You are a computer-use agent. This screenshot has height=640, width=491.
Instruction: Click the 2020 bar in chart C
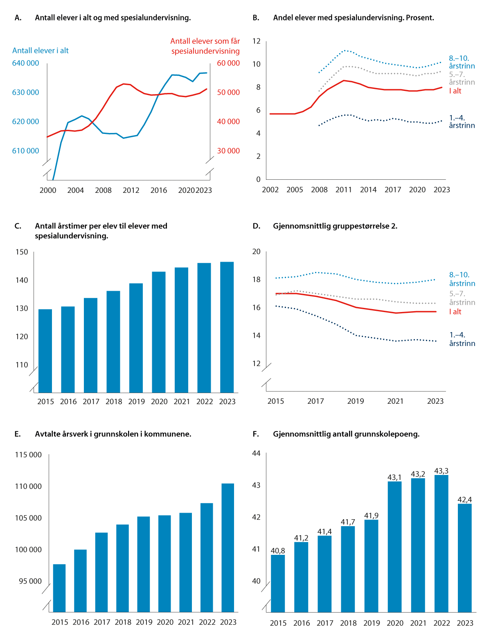coord(159,332)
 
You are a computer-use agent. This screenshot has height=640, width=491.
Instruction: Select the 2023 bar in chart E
coord(227,547)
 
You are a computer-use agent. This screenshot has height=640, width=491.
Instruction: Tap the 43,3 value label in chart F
coord(441,471)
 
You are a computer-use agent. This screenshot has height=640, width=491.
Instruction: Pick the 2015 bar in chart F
coord(278,583)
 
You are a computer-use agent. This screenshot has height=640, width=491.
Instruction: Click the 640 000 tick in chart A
coord(26,63)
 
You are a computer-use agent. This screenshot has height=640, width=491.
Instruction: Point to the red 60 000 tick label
coord(228,63)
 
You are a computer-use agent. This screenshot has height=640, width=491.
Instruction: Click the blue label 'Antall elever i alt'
coord(41,50)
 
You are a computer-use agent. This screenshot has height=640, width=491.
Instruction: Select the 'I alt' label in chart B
coord(455,91)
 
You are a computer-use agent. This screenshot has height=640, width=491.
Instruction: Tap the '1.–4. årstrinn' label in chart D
coord(462,339)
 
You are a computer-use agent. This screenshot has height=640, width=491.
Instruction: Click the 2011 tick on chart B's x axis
coord(344,190)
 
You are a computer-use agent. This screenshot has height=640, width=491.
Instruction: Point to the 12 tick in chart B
coord(257,41)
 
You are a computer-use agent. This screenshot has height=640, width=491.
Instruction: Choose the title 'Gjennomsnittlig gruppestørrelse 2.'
coord(335,226)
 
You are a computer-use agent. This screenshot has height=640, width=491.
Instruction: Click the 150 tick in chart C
coord(22,252)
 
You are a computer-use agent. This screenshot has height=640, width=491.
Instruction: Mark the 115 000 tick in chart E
coord(28,455)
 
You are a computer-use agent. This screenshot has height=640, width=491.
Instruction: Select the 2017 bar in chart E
coord(101,572)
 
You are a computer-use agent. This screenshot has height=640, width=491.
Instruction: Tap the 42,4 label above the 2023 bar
coord(465,500)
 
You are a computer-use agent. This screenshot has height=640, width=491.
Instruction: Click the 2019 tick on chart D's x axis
coord(356,401)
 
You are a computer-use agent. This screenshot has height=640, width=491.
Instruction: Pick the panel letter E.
coord(18,434)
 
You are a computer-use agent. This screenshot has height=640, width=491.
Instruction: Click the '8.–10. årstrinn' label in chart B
coord(462,62)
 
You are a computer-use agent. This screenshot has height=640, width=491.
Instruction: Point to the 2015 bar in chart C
coord(45,351)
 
